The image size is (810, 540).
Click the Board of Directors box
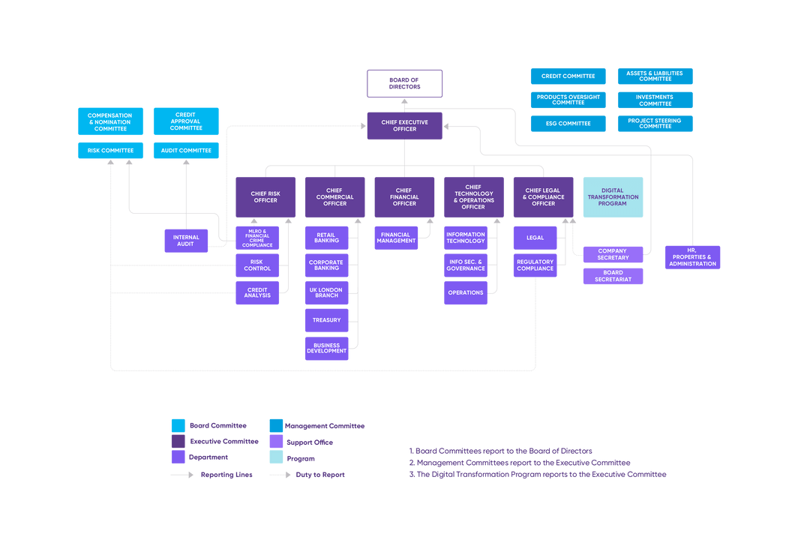404,83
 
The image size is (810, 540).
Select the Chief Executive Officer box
404,125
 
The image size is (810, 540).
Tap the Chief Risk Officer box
265,196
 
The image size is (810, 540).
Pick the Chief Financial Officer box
404,196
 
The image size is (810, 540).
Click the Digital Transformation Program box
613,196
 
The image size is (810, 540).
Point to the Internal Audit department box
186,241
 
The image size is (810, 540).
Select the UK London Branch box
326,292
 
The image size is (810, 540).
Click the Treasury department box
326,320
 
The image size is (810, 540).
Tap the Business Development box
326,348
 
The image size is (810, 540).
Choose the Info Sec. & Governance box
466,265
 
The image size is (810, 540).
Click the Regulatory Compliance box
535,265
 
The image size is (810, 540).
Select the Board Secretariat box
613,276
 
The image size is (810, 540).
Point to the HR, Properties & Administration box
692,257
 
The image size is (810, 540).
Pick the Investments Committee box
655,100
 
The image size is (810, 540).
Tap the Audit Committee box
186,151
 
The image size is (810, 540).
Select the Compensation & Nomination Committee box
109,121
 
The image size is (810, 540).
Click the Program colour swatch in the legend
277,457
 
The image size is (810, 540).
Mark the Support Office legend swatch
277,442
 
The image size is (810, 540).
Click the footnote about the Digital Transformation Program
537,474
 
